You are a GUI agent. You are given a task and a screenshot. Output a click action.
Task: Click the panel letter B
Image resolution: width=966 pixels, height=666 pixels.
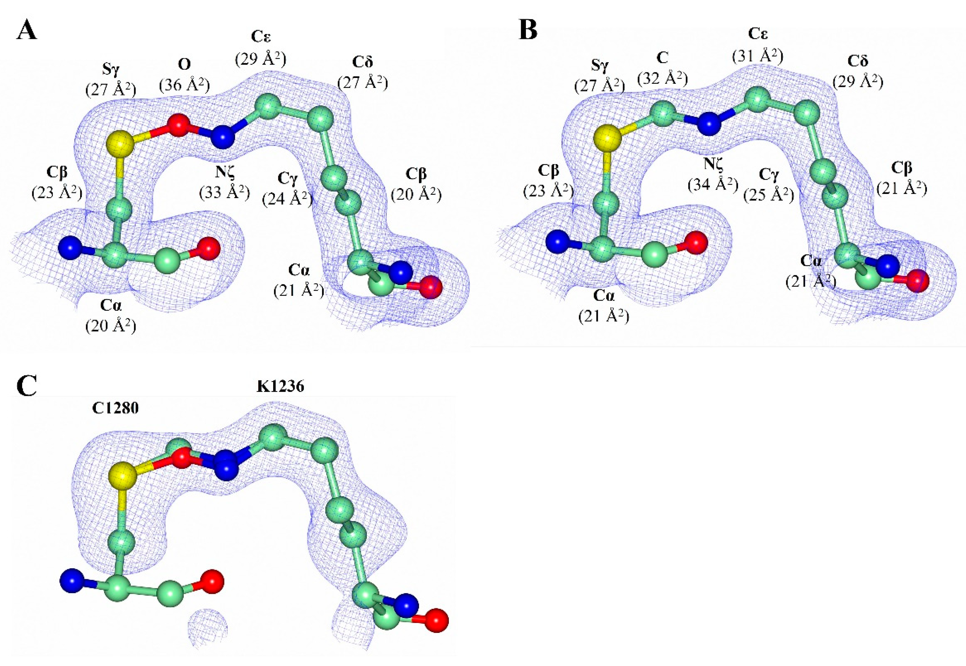click(528, 30)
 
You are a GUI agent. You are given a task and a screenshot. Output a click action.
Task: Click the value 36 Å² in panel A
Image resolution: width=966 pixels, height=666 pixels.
click(185, 85)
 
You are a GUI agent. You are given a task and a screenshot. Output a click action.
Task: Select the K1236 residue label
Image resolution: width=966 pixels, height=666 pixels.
click(280, 387)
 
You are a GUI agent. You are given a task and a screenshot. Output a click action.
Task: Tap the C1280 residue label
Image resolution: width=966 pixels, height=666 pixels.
click(115, 408)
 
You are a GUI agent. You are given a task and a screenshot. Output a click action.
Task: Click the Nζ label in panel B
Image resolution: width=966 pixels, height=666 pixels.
click(713, 164)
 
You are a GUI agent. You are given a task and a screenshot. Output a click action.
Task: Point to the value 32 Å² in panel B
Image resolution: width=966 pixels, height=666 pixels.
click(663, 78)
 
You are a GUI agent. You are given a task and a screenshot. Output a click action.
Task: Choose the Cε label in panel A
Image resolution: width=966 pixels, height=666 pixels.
click(261, 37)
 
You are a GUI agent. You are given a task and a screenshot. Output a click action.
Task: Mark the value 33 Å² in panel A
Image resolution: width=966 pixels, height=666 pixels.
click(225, 192)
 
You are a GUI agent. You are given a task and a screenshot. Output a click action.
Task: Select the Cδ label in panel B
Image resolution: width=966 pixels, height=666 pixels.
click(858, 61)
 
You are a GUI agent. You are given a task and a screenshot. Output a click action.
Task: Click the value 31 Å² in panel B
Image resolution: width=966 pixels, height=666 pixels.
click(758, 55)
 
